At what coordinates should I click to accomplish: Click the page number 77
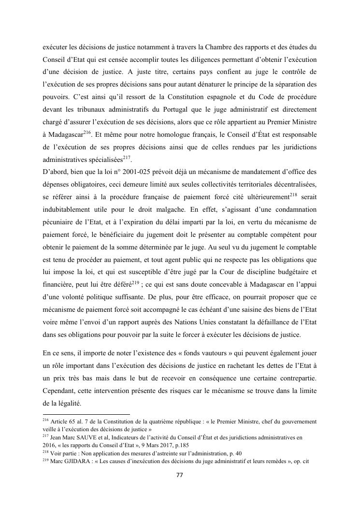pos(179,475)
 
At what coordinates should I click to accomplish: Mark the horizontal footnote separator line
pos(86,414)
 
